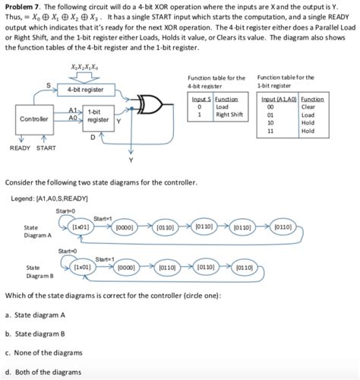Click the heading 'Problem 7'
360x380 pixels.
pyautogui.click(x=24, y=7)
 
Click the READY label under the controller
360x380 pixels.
pyautogui.click(x=20, y=147)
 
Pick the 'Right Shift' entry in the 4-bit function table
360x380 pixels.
pyautogui.click(x=228, y=116)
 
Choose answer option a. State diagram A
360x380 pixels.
pyautogui.click(x=35, y=315)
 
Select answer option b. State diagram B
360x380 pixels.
pyautogui.click(x=35, y=333)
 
